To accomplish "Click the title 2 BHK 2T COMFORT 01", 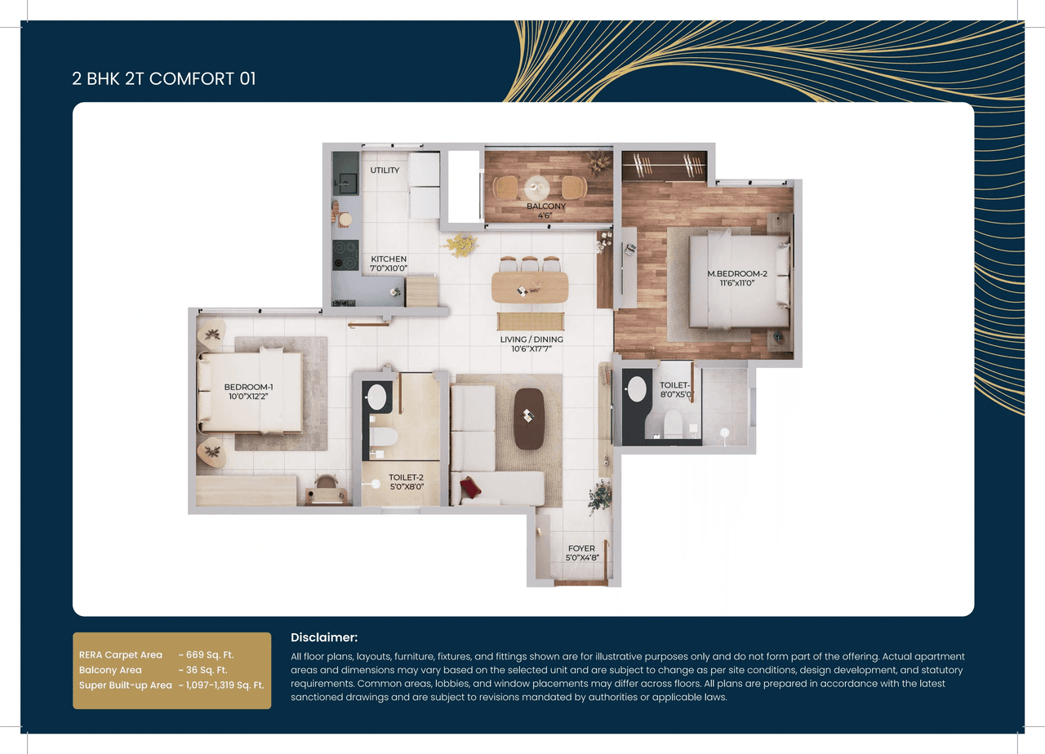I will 163,79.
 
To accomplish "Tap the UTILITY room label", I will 385,171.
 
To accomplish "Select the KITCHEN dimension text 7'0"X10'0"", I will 389,268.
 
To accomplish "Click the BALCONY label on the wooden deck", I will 545,206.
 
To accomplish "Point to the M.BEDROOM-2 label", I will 737,273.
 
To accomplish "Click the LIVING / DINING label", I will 531,339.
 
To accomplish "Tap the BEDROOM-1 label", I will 248,387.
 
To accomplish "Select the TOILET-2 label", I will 406,477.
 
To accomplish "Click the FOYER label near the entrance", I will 581,548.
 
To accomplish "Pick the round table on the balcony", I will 537,185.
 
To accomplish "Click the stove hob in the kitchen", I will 345,255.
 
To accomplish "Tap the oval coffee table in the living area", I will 529,418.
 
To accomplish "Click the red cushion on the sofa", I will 470,488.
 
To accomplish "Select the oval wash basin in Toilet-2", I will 376,397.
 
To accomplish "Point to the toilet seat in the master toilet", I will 674,423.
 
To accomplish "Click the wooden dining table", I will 530,286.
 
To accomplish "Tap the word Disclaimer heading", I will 324,637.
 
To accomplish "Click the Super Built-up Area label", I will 125,685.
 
